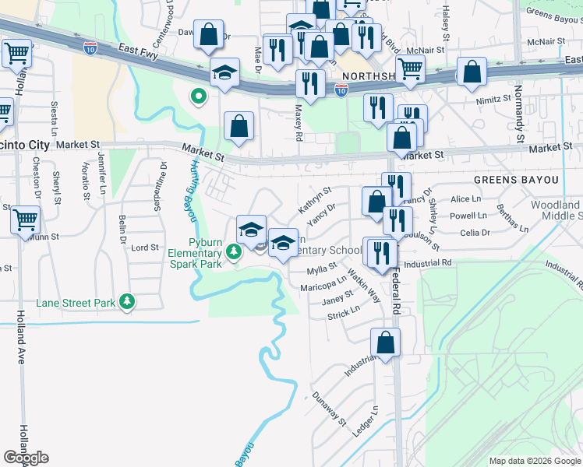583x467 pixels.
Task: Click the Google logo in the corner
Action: [26, 458]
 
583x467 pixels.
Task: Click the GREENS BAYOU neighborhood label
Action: [528, 180]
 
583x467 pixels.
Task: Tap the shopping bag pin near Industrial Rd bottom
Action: [385, 342]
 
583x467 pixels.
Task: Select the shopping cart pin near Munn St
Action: [26, 220]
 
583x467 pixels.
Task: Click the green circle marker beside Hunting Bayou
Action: [199, 97]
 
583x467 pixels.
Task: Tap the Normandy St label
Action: [518, 116]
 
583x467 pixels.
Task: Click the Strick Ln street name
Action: [343, 313]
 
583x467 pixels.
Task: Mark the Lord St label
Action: [145, 248]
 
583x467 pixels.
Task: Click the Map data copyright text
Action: [534, 461]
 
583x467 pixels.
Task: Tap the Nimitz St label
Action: [493, 100]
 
